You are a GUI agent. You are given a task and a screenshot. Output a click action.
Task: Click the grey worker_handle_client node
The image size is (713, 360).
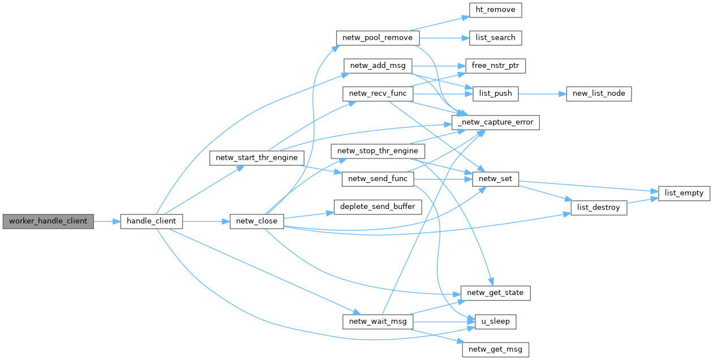click(x=48, y=221)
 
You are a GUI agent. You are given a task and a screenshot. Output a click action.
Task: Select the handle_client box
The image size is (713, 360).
click(x=151, y=221)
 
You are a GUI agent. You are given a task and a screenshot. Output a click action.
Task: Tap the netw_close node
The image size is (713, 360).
click(x=256, y=221)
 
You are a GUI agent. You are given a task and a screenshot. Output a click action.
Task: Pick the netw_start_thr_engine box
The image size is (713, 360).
click(x=257, y=157)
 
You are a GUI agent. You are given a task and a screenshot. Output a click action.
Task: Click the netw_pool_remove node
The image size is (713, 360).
click(x=377, y=38)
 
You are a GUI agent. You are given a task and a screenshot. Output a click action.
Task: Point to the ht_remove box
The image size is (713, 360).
click(x=495, y=10)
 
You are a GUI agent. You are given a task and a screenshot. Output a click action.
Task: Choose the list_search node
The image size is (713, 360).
click(x=495, y=38)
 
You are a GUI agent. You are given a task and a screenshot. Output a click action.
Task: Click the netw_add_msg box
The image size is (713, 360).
click(x=377, y=66)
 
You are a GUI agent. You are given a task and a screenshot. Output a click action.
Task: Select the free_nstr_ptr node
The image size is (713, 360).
click(x=495, y=66)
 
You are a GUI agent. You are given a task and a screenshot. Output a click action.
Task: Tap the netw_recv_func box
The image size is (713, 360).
click(x=377, y=93)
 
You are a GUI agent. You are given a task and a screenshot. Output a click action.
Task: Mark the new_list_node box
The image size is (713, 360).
click(x=598, y=93)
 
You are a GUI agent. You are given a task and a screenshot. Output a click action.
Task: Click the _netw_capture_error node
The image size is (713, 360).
click(x=495, y=122)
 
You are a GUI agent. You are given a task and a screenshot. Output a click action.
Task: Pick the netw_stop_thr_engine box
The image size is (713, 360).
click(x=377, y=151)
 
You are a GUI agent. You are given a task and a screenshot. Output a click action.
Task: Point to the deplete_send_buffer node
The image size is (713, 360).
click(x=377, y=207)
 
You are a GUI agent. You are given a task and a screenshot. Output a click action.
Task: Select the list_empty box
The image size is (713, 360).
click(x=684, y=193)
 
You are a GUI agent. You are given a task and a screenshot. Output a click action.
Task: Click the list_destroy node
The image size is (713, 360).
click(x=598, y=208)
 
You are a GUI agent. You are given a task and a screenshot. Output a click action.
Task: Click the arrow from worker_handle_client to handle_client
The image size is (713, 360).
click(x=107, y=221)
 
